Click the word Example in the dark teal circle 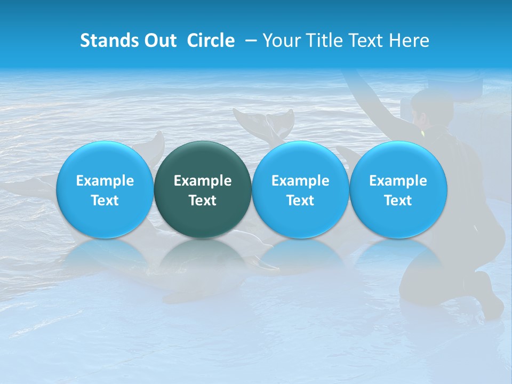tap(203, 181)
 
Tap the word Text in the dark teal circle tap(203, 201)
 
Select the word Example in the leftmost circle tap(105, 181)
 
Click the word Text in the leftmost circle tap(105, 201)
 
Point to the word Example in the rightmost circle tap(398, 181)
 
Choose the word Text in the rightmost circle tap(398, 201)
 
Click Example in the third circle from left tap(300, 181)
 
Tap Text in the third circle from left tap(300, 201)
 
